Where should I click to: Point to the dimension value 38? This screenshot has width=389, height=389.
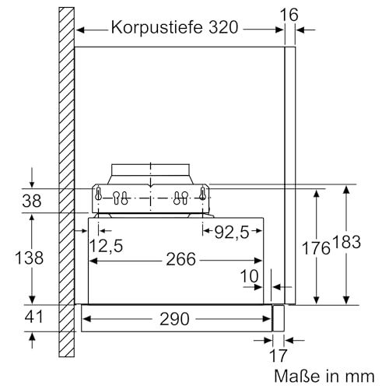point(32,200)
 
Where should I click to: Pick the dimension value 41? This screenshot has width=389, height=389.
point(32,317)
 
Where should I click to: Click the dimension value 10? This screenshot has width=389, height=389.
point(249,276)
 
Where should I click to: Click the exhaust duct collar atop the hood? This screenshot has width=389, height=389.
point(150,173)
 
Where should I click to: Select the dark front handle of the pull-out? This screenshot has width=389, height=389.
point(276,317)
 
